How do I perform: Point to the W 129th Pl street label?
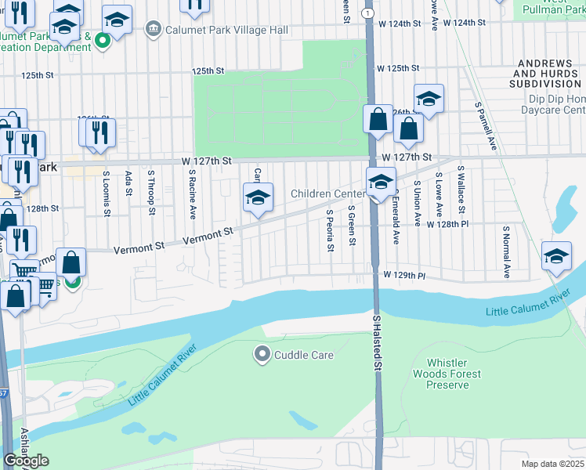pos(404,276)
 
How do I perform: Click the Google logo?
pos(26,461)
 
